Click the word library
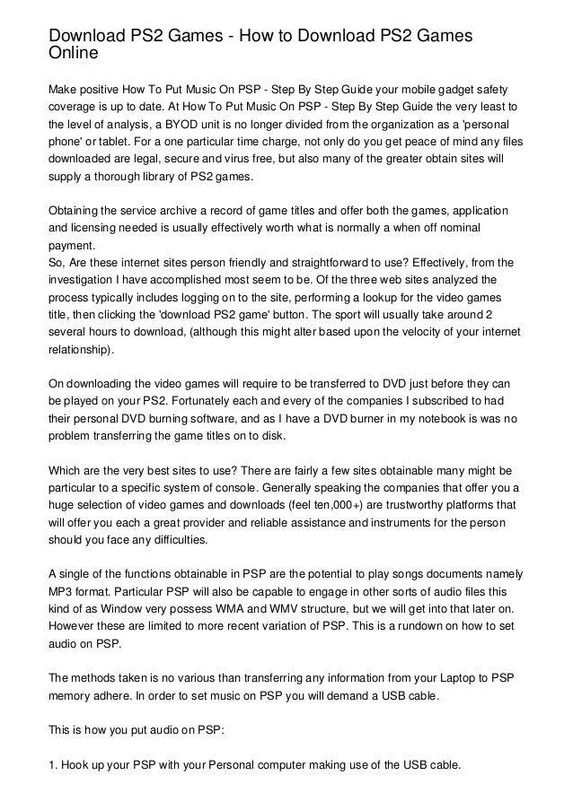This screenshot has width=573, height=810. click(150, 178)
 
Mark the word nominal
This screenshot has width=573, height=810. click(486, 229)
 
